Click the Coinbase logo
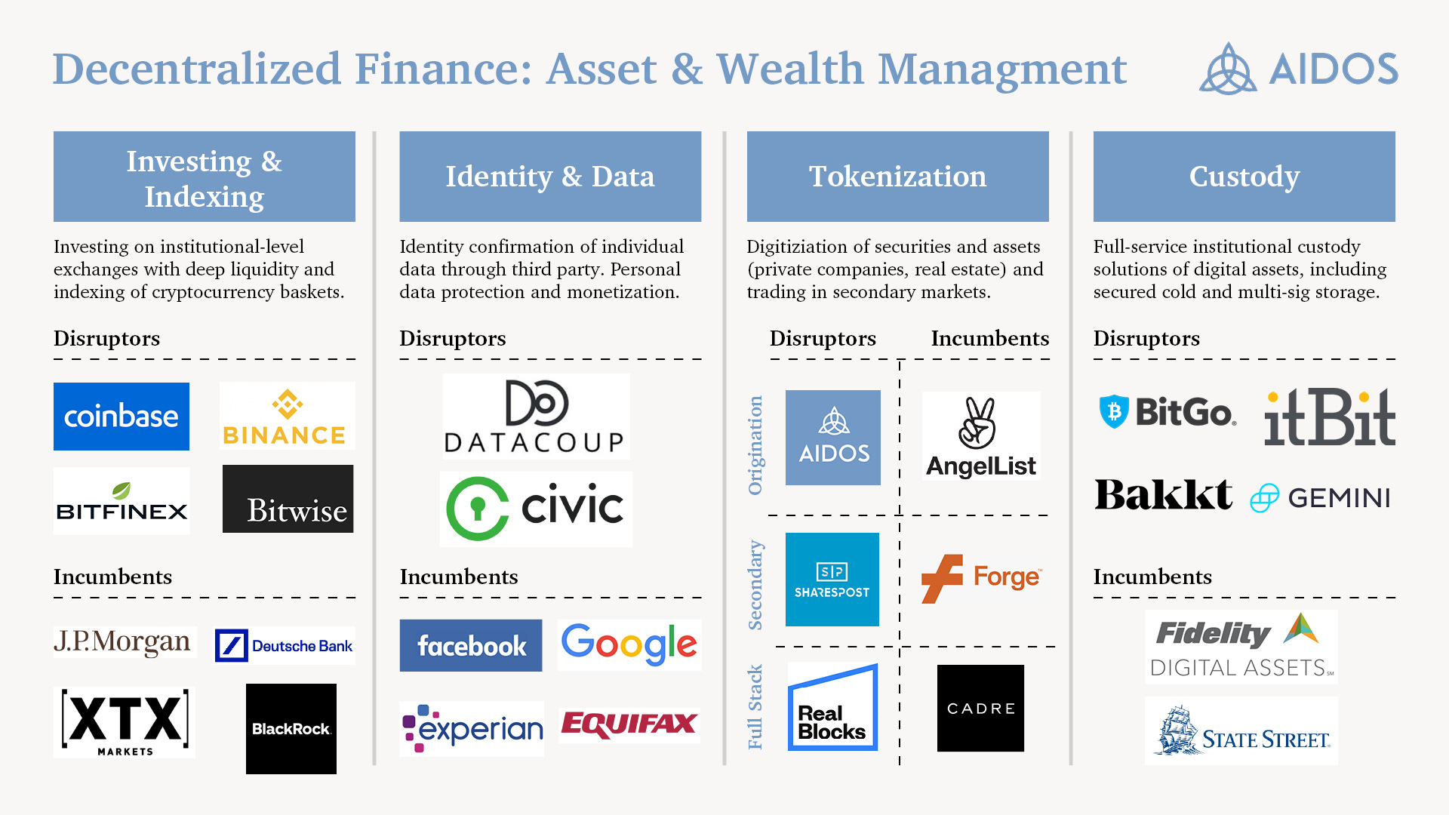(x=121, y=417)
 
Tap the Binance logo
(x=287, y=417)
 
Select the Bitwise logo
(x=288, y=499)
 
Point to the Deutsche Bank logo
(x=285, y=646)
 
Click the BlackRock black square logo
(x=291, y=729)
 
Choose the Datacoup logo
(x=535, y=417)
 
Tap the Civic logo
(x=535, y=509)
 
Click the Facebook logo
(x=471, y=645)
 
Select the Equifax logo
(x=629, y=724)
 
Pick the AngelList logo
(x=980, y=436)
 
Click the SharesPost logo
(x=832, y=580)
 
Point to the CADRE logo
(x=980, y=708)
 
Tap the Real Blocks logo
(x=832, y=708)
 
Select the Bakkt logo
(x=1163, y=496)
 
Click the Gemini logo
(x=1321, y=498)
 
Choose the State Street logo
(x=1241, y=731)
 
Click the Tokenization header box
(x=897, y=177)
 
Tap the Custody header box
(x=1244, y=177)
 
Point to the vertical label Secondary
(x=755, y=585)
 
